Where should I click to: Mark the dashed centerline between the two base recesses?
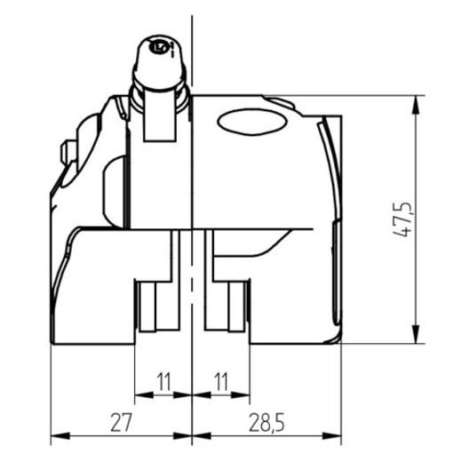tap(191, 293)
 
